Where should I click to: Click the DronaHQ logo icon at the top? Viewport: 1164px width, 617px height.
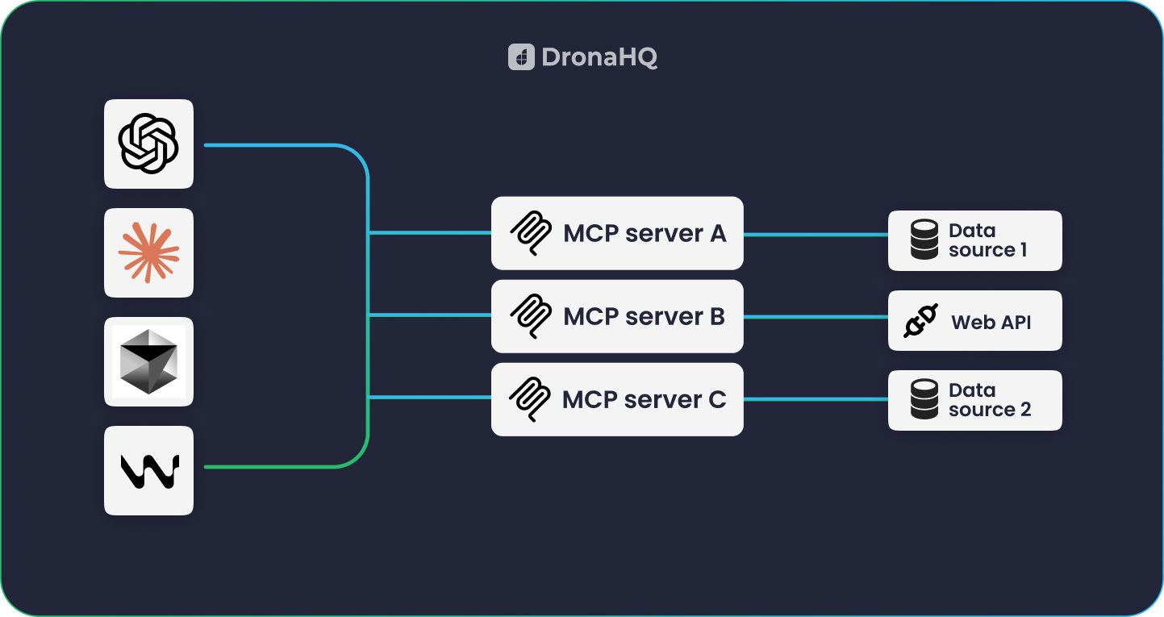521,57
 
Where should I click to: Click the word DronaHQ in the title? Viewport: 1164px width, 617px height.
599,57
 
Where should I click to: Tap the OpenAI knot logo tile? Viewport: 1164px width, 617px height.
148,144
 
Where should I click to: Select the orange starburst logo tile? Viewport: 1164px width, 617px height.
148,252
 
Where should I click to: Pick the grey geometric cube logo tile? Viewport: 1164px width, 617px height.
148,361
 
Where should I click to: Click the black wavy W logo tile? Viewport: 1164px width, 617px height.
148,470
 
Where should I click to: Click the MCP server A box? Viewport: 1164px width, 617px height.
617,233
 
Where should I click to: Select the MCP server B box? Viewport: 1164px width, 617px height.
617,316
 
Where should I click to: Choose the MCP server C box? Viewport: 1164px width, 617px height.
617,399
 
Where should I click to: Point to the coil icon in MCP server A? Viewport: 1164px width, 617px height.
531,234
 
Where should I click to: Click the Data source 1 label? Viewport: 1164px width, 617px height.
987,240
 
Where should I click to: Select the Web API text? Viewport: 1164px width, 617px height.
991,323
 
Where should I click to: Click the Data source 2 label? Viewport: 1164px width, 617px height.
989,400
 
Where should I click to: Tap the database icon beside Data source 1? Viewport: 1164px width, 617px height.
924,240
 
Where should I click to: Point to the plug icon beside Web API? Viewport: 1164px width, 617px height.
920,321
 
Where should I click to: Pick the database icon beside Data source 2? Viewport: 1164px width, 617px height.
924,400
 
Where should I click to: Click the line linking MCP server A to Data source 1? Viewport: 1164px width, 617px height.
815,235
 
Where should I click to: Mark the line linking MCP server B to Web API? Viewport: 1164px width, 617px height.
815,317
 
